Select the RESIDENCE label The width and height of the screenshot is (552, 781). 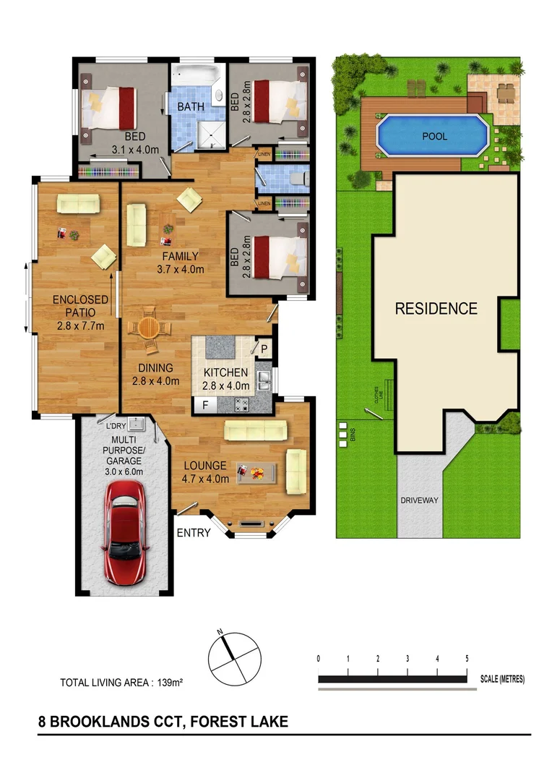click(x=436, y=309)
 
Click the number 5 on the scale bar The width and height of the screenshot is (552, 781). click(x=467, y=659)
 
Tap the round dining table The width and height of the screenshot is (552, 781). click(x=149, y=328)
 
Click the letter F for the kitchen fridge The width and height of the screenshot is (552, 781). click(x=205, y=405)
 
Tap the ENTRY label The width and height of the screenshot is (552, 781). click(x=194, y=534)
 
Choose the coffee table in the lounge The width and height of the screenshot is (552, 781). click(x=256, y=472)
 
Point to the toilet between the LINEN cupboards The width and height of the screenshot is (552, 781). click(x=297, y=179)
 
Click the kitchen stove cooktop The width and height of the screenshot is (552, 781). click(x=241, y=404)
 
